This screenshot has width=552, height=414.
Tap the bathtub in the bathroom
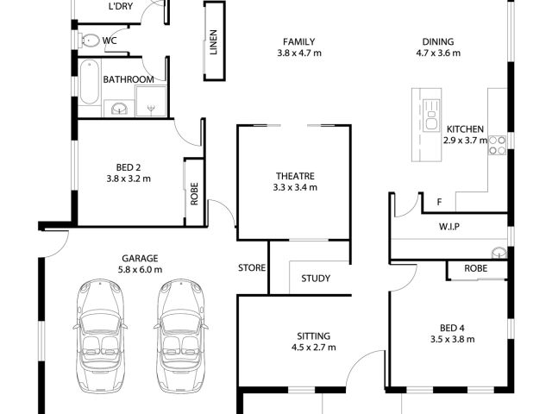coord(90,82)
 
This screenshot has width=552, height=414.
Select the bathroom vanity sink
coord(119,108)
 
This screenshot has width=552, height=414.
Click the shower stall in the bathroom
coord(151,101)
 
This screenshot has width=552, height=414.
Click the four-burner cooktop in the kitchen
coord(497,146)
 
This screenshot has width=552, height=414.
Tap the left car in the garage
coord(100,336)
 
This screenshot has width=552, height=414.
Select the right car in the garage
coord(180,336)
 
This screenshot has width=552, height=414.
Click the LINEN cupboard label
coord(213,42)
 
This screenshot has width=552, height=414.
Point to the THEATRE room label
coord(295,176)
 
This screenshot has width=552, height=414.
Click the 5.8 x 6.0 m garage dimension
coord(140,270)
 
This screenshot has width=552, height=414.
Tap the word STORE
coord(252,268)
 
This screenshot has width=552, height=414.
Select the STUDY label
coord(316,279)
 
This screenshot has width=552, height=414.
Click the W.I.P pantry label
coord(449,226)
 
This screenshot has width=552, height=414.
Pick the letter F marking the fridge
coord(439,202)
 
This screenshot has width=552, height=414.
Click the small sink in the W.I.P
coord(499,253)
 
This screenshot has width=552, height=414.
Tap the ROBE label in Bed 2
coord(194,193)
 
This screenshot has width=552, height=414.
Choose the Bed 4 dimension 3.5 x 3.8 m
coord(452,339)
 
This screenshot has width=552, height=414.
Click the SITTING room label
coord(314,336)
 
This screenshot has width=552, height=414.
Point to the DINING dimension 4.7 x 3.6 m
coord(438,53)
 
